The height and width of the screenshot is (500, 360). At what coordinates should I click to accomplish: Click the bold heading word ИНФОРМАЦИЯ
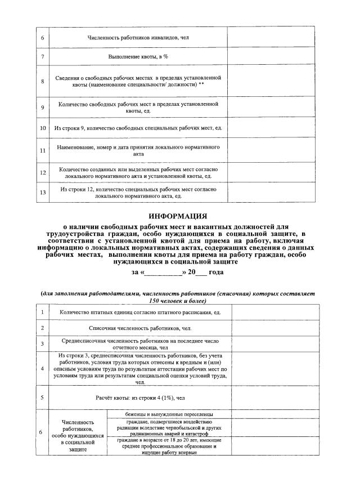[178, 216]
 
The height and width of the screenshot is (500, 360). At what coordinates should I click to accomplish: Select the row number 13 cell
[42, 193]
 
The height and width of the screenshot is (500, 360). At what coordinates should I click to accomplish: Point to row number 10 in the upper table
[42, 128]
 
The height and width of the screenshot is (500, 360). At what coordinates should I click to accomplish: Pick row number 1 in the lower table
[42, 312]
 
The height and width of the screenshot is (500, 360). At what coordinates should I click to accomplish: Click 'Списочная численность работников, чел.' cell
[139, 328]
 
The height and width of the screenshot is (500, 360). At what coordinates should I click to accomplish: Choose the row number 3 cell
[42, 344]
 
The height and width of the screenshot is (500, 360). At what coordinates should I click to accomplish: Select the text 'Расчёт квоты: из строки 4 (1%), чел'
[139, 398]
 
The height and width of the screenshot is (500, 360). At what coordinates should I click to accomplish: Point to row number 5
[42, 398]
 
